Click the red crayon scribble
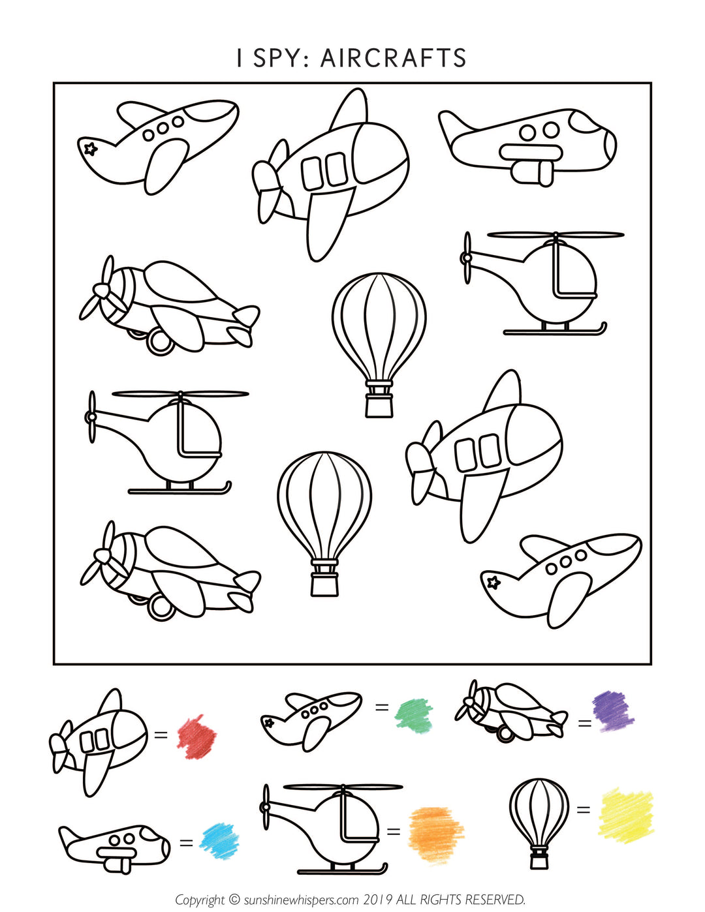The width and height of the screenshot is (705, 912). [196, 737]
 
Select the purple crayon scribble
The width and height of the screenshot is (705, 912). [612, 710]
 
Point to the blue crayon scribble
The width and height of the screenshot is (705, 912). [219, 840]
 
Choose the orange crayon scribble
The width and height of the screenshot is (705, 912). [435, 834]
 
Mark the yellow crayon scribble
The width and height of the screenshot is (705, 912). [625, 815]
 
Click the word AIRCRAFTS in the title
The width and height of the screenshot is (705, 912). [393, 58]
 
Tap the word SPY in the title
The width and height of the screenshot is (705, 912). [277, 58]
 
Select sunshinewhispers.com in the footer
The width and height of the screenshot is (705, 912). [301, 900]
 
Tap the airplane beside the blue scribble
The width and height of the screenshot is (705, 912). [115, 846]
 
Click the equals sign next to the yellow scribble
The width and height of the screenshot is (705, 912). [583, 810]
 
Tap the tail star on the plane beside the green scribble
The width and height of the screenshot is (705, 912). [268, 722]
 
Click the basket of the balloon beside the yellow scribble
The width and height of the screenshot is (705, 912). [539, 860]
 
